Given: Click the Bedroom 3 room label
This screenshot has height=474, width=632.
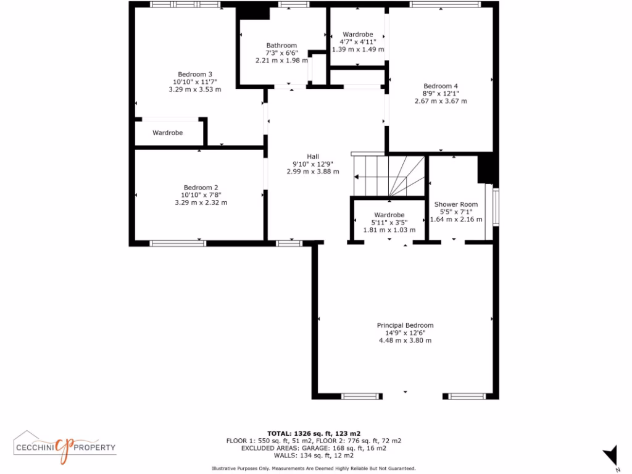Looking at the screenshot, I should [x=194, y=74].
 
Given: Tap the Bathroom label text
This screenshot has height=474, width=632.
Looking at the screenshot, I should [x=281, y=46].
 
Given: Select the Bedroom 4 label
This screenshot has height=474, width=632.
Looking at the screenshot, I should [x=441, y=86].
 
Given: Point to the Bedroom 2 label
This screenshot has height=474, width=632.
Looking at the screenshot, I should [x=201, y=188].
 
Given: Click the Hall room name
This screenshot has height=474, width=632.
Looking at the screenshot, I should [x=313, y=156].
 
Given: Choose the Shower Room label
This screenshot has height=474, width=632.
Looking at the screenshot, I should [x=456, y=204].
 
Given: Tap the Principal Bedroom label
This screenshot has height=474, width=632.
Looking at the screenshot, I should [x=405, y=325].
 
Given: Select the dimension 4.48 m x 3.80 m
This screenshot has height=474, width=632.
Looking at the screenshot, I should [x=405, y=340].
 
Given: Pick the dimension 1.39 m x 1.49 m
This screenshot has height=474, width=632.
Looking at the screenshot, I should [x=358, y=49].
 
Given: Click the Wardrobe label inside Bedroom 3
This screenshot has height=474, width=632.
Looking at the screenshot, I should [x=168, y=133].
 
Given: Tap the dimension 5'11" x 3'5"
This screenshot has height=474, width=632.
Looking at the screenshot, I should [x=389, y=222].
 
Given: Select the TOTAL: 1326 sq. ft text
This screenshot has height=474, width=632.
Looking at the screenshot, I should [x=314, y=433].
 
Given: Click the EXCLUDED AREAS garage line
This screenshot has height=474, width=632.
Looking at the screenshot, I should [x=314, y=448].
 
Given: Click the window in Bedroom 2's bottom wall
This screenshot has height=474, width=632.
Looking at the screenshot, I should [x=178, y=243].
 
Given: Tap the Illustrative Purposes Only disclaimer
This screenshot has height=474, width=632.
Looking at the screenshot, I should [x=314, y=468].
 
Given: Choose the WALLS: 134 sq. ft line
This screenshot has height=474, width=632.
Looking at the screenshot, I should [x=314, y=455].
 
